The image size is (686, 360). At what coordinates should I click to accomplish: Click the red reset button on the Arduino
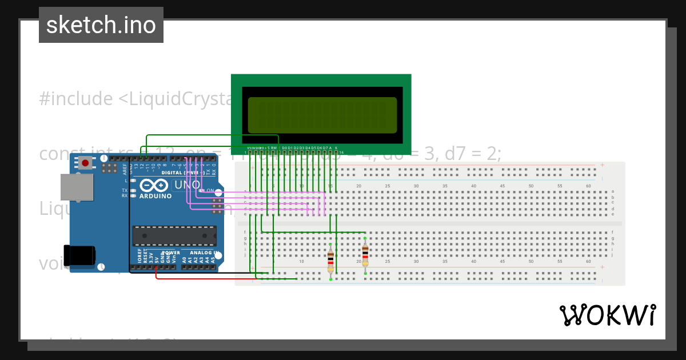[x=85, y=163]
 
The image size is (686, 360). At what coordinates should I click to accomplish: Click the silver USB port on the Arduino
[x=77, y=187]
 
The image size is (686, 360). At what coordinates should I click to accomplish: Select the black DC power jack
[x=78, y=255]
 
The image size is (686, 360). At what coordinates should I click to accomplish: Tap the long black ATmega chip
[x=174, y=235]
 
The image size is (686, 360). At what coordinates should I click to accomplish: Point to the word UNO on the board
[x=187, y=185]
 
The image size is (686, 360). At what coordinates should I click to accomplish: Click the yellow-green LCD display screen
[x=322, y=115]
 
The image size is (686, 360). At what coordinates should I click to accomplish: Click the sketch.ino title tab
[x=101, y=25]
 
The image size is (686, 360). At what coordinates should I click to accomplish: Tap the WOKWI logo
[x=607, y=315]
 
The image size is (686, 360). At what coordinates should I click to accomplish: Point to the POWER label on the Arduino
[x=171, y=253]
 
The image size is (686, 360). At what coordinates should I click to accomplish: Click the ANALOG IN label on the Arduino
[x=201, y=253]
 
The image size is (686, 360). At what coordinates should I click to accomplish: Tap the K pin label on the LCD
[x=336, y=148]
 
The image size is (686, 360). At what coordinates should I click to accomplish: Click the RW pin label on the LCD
[x=274, y=148]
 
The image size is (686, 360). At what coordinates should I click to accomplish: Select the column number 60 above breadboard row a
[x=588, y=186]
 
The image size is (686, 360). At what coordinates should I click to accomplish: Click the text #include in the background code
[x=76, y=99]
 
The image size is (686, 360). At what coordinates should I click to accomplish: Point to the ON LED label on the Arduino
[x=210, y=190]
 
